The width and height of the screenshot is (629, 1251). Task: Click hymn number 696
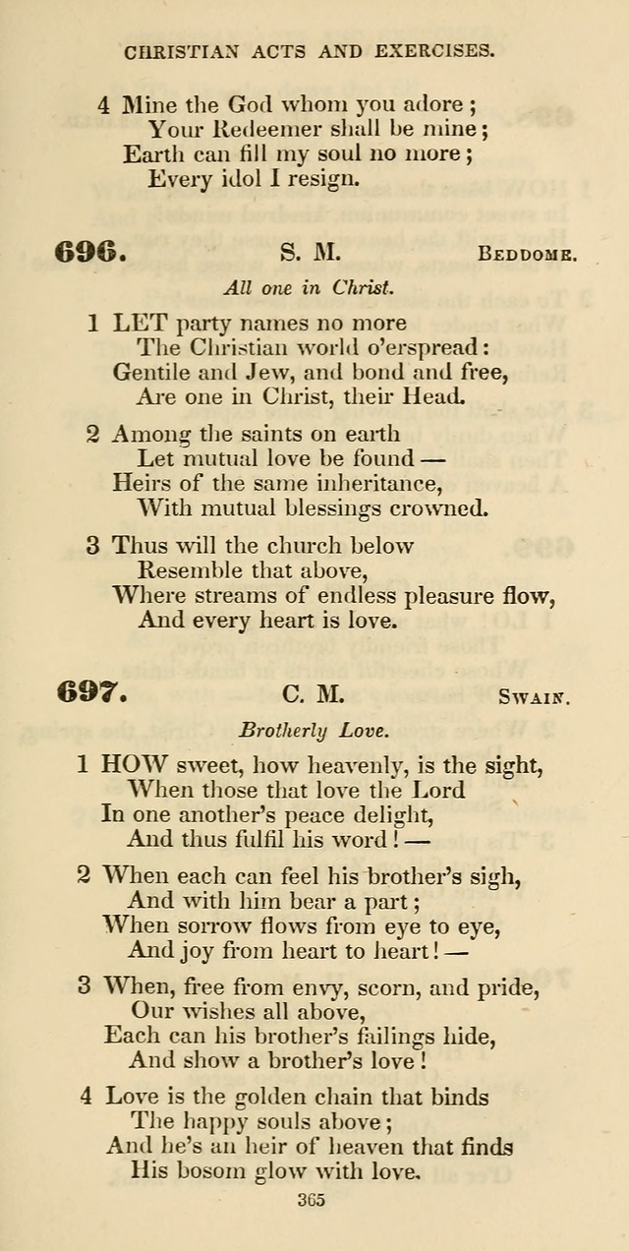[90, 253]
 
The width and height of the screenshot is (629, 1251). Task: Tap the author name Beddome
[526, 255]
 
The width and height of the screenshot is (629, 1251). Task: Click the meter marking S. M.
[311, 254]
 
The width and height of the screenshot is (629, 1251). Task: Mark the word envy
[326, 986]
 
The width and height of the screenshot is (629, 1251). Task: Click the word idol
[239, 179]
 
